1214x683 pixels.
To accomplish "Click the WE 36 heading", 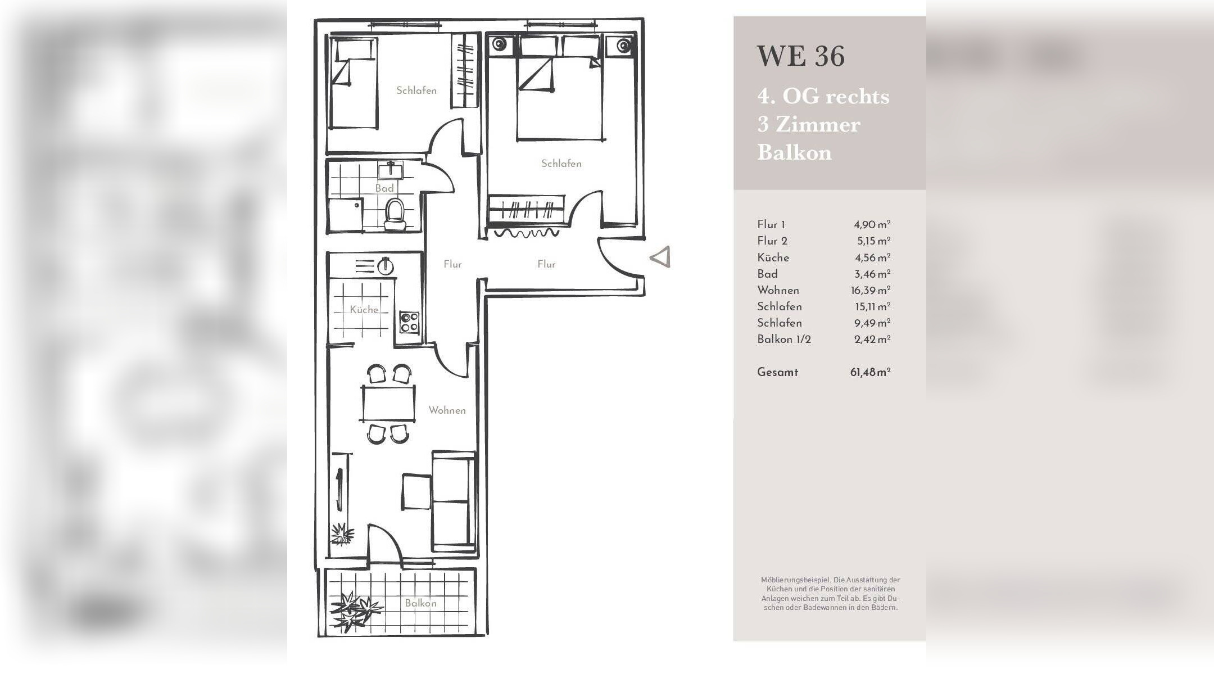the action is pyautogui.click(x=800, y=56).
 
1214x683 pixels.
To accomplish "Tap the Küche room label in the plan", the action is pyautogui.click(x=364, y=309).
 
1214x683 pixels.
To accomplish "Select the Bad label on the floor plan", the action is pyautogui.click(x=384, y=188).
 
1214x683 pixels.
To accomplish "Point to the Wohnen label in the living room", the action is pyautogui.click(x=447, y=410).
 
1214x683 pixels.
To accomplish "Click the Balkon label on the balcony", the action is pyautogui.click(x=420, y=603).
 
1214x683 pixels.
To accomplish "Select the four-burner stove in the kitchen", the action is pyautogui.click(x=409, y=322).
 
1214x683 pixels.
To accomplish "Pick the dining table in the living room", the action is pyautogui.click(x=388, y=402).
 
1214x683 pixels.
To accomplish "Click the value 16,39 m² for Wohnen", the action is pyautogui.click(x=870, y=290).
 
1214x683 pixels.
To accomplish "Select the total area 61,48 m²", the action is pyautogui.click(x=870, y=372).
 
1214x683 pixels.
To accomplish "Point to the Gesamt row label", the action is pyautogui.click(x=777, y=372).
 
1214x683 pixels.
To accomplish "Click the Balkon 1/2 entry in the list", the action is pyautogui.click(x=784, y=339).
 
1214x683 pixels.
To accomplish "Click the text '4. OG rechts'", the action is pyautogui.click(x=823, y=96).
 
